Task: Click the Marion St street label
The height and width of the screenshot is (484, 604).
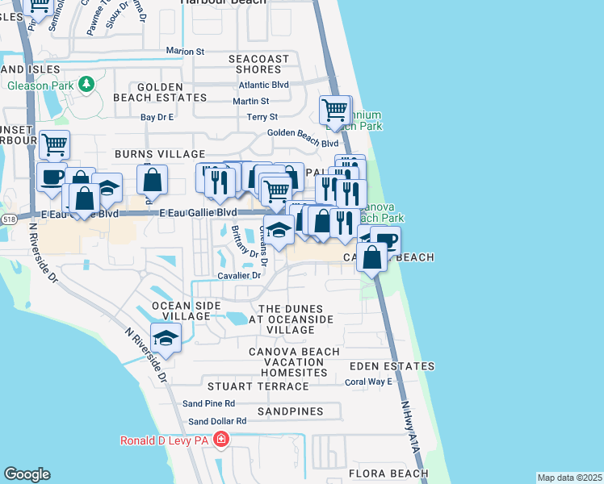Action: [185, 51]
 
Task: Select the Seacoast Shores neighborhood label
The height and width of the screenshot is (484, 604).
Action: [258, 64]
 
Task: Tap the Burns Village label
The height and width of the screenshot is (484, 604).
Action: [160, 153]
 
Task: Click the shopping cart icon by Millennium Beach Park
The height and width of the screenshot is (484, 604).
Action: [334, 109]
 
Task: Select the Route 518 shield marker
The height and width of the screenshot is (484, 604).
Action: [9, 219]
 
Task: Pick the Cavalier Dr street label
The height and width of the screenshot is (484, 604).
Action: [239, 275]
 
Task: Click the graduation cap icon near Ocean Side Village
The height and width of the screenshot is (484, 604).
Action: [166, 339]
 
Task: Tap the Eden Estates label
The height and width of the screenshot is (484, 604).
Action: [392, 367]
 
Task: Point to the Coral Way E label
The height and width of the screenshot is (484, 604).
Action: [368, 382]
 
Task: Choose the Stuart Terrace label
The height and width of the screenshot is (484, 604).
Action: [246, 387]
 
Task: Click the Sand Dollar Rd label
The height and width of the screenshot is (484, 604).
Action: [217, 421]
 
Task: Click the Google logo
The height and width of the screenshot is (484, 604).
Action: [27, 474]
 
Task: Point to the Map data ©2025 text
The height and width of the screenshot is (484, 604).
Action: [568, 478]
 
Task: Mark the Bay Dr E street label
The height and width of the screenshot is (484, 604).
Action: [158, 117]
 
